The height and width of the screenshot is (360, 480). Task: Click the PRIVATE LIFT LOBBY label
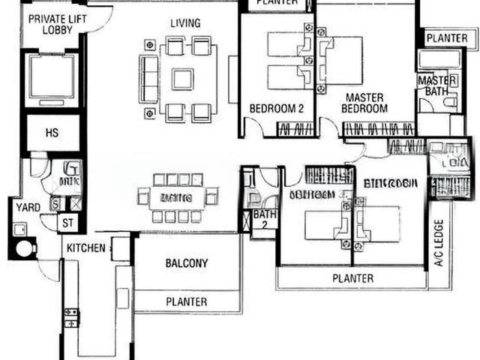point(51,23)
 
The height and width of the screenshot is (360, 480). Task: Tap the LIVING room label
point(184,23)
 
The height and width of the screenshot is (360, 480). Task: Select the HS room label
point(52,133)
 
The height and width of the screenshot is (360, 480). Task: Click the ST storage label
point(67,222)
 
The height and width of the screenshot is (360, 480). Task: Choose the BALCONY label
point(186,263)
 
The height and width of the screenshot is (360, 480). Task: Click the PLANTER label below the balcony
point(186,301)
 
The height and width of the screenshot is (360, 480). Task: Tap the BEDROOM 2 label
point(276,109)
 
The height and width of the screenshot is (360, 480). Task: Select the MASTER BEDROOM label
point(364,103)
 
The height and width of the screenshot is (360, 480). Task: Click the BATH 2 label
point(264,219)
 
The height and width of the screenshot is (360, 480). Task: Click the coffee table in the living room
point(182,79)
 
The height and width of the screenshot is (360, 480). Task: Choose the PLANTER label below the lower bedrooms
point(352,278)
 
